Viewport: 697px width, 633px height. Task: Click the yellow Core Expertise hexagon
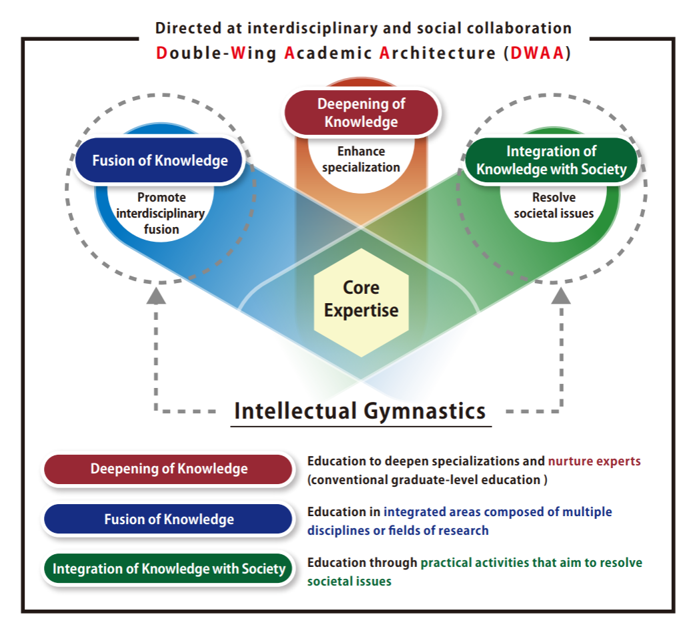click(361, 300)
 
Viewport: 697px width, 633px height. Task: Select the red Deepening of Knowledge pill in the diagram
click(361, 113)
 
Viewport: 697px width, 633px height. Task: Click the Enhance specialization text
click(361, 160)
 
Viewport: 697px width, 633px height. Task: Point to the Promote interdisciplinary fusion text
click(161, 213)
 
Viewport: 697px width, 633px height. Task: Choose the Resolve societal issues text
click(554, 206)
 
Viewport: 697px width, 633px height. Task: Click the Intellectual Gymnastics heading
click(360, 410)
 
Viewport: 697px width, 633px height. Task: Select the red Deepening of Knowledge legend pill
click(169, 469)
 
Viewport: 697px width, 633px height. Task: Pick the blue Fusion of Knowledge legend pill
click(169, 519)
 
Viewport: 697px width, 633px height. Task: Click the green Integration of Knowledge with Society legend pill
click(169, 569)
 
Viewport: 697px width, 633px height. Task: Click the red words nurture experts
click(594, 461)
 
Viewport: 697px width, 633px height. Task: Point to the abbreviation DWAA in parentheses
click(537, 53)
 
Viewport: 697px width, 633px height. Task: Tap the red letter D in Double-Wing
click(161, 53)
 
